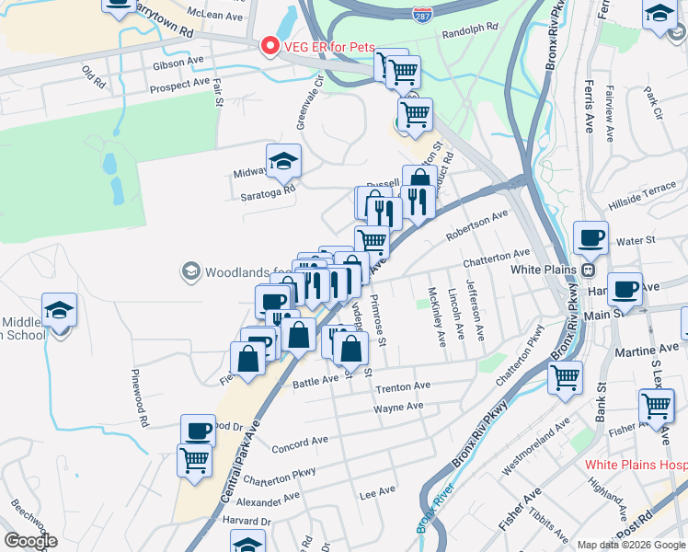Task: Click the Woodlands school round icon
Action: point(190,270)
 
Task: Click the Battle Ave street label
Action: point(315,381)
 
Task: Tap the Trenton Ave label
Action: point(402,386)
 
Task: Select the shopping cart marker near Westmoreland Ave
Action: point(565,376)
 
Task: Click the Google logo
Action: point(29,541)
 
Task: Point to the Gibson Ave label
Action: point(178,62)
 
